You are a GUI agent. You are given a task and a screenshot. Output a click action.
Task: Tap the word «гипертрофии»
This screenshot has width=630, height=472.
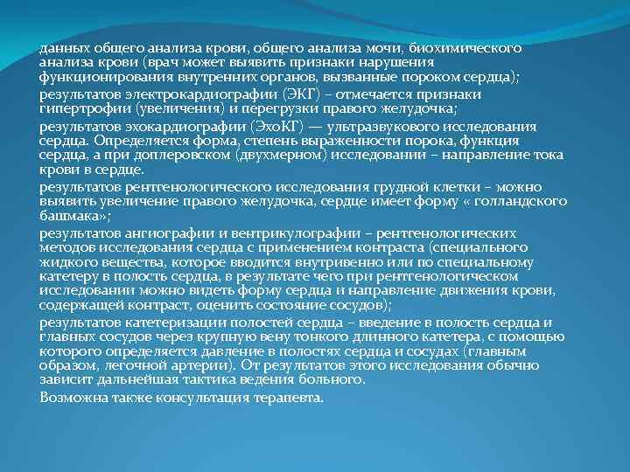82,108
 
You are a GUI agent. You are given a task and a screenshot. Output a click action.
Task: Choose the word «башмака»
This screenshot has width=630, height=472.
69,219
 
